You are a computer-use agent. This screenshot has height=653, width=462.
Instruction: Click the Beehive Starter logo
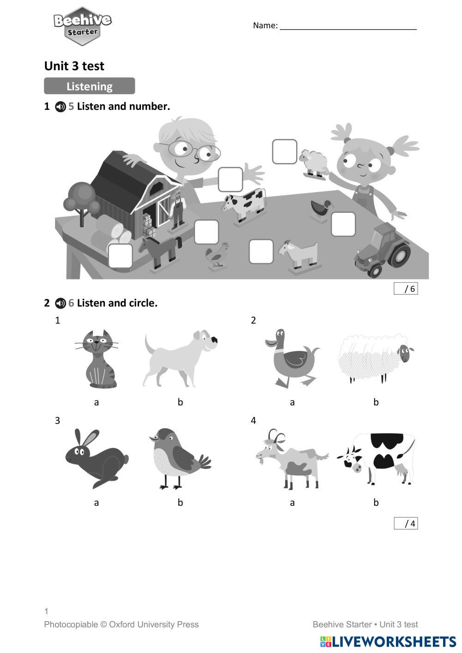83,26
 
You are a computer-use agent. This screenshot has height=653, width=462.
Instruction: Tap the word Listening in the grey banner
90,86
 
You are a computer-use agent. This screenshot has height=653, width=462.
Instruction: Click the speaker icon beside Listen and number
61,107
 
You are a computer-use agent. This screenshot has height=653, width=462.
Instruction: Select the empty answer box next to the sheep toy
285,151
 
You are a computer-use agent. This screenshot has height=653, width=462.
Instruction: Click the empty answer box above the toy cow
230,179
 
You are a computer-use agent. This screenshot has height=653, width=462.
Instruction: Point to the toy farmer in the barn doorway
177,210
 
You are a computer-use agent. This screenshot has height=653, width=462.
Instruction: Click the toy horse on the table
160,252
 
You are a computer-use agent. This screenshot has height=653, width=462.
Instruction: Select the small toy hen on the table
217,254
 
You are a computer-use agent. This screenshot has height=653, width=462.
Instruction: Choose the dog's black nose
214,339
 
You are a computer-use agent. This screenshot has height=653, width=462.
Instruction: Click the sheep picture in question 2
376,358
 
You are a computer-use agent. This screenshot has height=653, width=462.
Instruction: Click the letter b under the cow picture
376,502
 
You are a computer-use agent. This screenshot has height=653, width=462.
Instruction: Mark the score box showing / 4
406,523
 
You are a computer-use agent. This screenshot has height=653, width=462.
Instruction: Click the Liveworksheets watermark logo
388,641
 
